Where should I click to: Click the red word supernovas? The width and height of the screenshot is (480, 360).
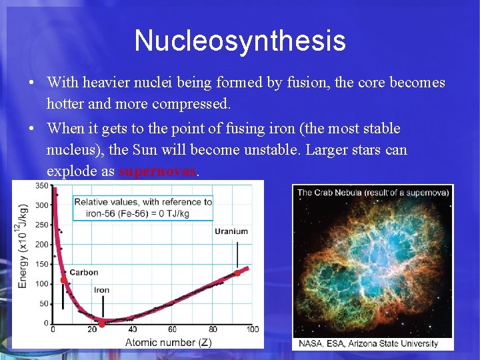point(157,171)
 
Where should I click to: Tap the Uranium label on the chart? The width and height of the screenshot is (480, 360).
point(231,231)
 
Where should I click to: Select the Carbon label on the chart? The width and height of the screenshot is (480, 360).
point(84,272)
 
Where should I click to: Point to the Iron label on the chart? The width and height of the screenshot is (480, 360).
point(101,290)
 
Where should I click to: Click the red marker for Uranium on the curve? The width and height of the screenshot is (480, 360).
point(237,273)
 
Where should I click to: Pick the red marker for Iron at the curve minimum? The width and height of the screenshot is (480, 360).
point(102,324)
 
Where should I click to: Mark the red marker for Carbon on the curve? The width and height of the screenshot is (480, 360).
point(63,281)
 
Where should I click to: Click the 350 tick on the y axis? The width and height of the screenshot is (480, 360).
point(41,185)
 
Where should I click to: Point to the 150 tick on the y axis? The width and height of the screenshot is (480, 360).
point(41,264)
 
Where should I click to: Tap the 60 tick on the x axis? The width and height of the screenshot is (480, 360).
point(173,329)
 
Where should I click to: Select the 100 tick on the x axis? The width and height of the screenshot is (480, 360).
point(253,329)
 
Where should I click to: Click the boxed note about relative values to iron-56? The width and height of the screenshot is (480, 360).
point(143,207)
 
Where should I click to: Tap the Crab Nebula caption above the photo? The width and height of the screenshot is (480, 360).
point(373,193)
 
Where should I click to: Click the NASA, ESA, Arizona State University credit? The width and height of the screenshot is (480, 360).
point(368,343)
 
